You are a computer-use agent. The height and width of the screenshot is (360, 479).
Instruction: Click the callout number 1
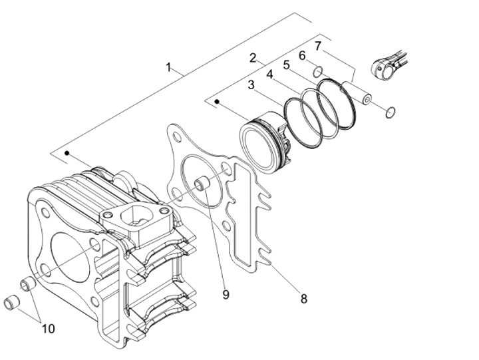tap(169, 67)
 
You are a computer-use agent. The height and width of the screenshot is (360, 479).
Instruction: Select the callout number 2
tap(253, 58)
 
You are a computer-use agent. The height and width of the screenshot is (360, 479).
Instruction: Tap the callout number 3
tap(251, 85)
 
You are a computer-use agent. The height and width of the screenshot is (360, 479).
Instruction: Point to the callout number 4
tap(269, 75)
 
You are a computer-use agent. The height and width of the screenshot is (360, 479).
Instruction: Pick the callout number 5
tap(286, 65)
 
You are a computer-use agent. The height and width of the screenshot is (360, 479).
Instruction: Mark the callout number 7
tap(318, 46)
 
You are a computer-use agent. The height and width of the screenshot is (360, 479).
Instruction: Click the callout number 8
tap(303, 299)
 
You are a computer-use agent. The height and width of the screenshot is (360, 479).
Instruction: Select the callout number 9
tap(226, 293)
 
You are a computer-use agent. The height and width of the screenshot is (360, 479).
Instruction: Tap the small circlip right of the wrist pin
tap(391, 110)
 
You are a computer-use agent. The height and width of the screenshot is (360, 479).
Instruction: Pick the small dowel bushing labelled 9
tap(202, 184)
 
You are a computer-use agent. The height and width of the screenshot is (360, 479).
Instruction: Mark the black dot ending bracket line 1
tap(67, 153)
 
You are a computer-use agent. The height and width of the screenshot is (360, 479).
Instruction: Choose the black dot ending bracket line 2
tap(217, 101)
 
